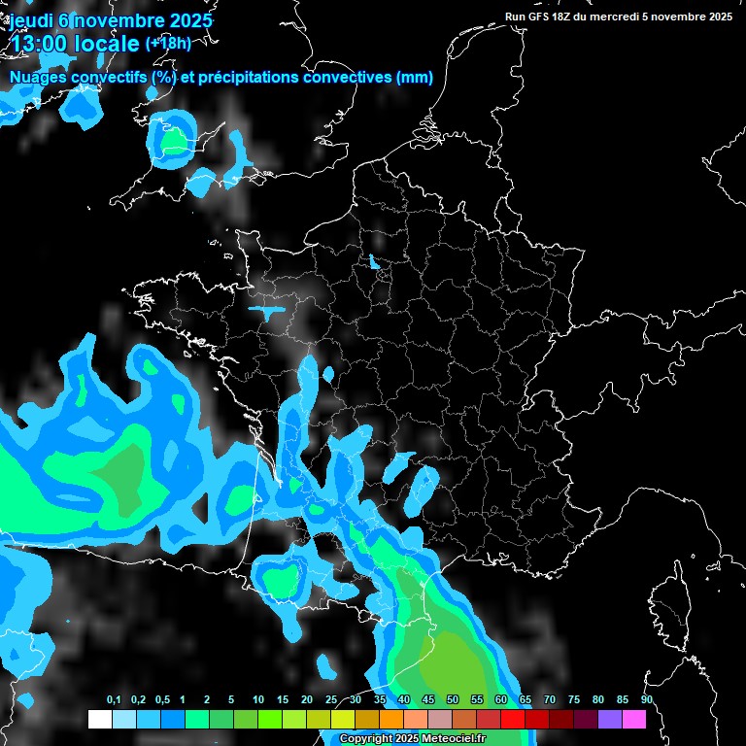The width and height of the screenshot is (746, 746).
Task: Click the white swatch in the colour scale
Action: (99, 719)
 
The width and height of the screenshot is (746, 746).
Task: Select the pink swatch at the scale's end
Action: (634, 719)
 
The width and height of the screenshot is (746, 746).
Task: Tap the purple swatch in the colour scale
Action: (610, 719)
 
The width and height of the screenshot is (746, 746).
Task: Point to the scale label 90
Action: (646, 700)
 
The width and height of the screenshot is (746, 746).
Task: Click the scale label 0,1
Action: (114, 700)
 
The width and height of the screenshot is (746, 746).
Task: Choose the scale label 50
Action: (453, 700)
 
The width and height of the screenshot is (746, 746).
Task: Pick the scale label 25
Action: (331, 700)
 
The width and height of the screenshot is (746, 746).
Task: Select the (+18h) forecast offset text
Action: (168, 44)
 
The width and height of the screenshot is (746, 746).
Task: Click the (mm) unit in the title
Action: (415, 78)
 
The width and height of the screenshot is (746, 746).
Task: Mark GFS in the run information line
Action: (542, 17)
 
